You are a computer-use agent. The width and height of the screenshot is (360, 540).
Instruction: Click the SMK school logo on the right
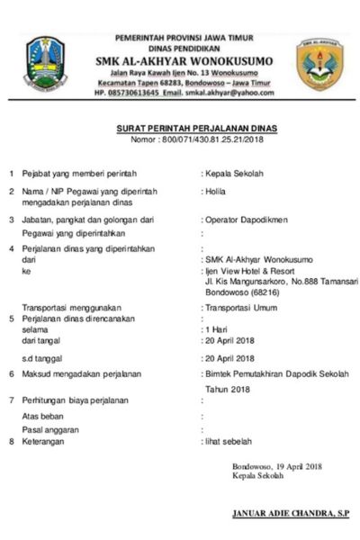[319, 64]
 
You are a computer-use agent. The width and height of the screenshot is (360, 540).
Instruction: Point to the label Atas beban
[46, 417]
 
